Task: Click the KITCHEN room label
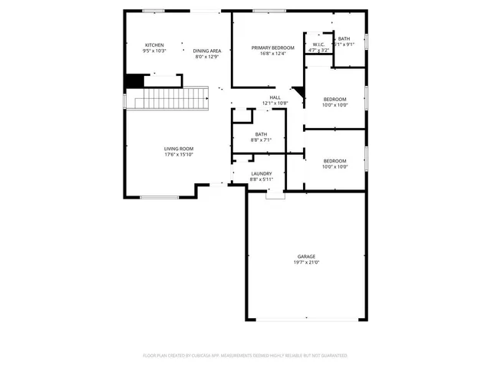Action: pos(154,45)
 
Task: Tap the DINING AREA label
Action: pos(207,51)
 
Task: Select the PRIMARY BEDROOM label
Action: pos(268,48)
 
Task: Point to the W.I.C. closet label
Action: pos(318,45)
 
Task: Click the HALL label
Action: pos(275,97)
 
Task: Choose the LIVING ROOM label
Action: pos(178,149)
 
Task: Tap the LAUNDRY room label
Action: pos(262,173)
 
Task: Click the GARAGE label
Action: pos(306,256)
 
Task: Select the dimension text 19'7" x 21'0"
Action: pos(306,262)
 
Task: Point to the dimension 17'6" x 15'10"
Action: pos(178,155)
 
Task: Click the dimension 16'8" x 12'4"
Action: pos(268,54)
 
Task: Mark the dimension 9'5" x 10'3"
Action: pos(154,51)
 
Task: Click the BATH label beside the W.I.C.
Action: pos(344,39)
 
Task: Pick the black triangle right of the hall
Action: pos(300,95)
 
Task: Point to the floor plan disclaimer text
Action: pos(245,356)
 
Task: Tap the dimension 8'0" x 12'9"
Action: pos(207,57)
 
